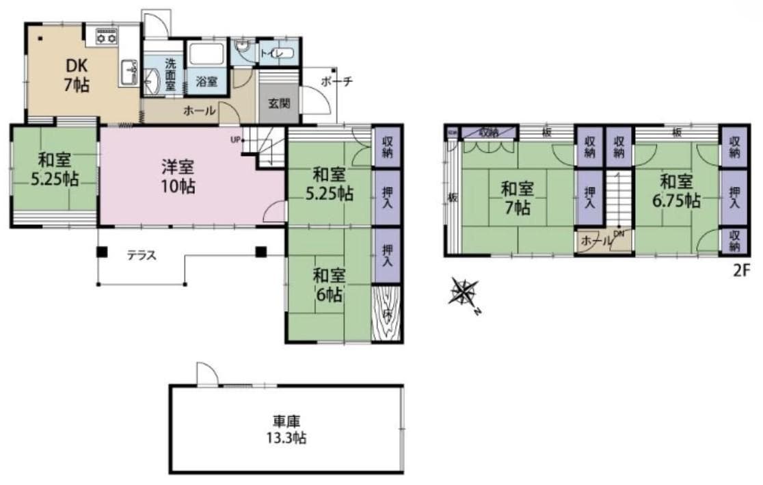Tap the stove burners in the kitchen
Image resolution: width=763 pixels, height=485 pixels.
106,36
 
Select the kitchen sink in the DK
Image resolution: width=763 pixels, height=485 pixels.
128,72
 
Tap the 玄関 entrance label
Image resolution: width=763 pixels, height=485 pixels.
278,104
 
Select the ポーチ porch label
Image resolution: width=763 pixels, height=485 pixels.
336,81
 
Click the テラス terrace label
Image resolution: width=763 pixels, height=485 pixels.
142,256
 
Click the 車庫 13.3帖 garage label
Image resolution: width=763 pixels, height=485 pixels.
286,430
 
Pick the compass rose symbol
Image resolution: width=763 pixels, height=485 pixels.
464,292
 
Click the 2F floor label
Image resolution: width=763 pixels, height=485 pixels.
742,270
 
